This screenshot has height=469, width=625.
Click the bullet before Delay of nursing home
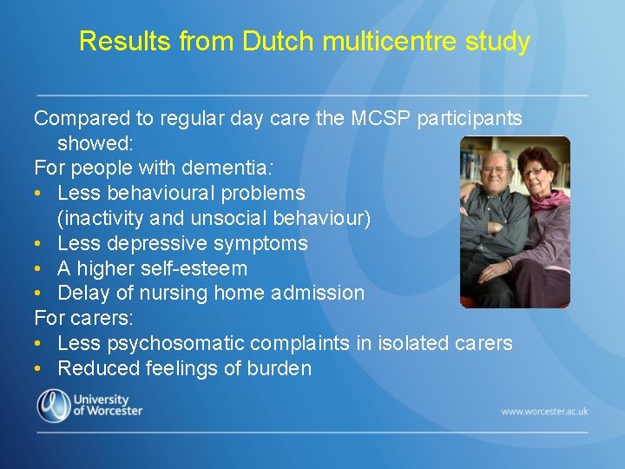coord(40,294)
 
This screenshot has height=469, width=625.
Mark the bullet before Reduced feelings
coord(40,369)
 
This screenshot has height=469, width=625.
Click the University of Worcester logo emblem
coord(53,406)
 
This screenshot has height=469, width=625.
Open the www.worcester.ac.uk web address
coord(544,411)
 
